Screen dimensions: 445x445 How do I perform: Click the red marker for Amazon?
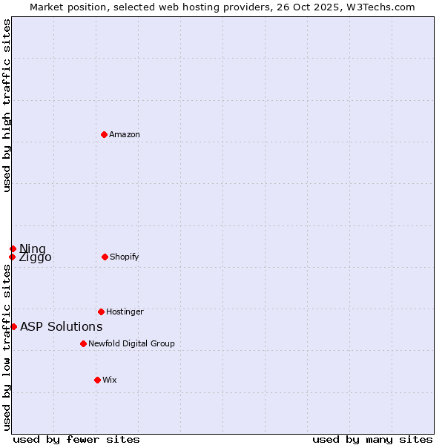[x=105, y=134]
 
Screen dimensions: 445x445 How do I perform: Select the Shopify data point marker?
[x=105, y=257]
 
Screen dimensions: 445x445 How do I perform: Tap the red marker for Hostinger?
[x=101, y=311]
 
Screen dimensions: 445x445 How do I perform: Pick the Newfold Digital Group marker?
[x=83, y=343]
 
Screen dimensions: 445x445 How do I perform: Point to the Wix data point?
[x=97, y=380]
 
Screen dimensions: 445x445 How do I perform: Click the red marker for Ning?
[x=13, y=248]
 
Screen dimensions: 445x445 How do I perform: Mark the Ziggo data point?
[x=12, y=257]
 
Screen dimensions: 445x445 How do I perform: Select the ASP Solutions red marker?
[x=13, y=326]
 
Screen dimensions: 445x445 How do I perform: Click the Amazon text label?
[x=125, y=135]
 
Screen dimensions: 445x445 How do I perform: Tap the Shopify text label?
[x=125, y=257]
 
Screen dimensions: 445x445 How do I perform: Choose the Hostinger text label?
[x=125, y=312]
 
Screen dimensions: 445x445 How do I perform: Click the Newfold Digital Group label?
[x=131, y=344]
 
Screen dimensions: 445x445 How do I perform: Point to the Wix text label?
[x=110, y=380]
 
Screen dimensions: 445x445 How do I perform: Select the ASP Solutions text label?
[x=61, y=327]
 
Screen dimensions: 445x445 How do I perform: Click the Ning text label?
[x=33, y=248]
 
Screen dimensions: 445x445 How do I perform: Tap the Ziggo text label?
[x=36, y=258]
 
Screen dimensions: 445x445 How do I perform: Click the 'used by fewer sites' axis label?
[x=76, y=440]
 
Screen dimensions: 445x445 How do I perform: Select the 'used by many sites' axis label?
[x=372, y=440]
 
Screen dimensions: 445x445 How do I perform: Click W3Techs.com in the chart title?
[x=378, y=7]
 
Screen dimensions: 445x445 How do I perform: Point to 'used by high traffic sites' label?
[x=7, y=105]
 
